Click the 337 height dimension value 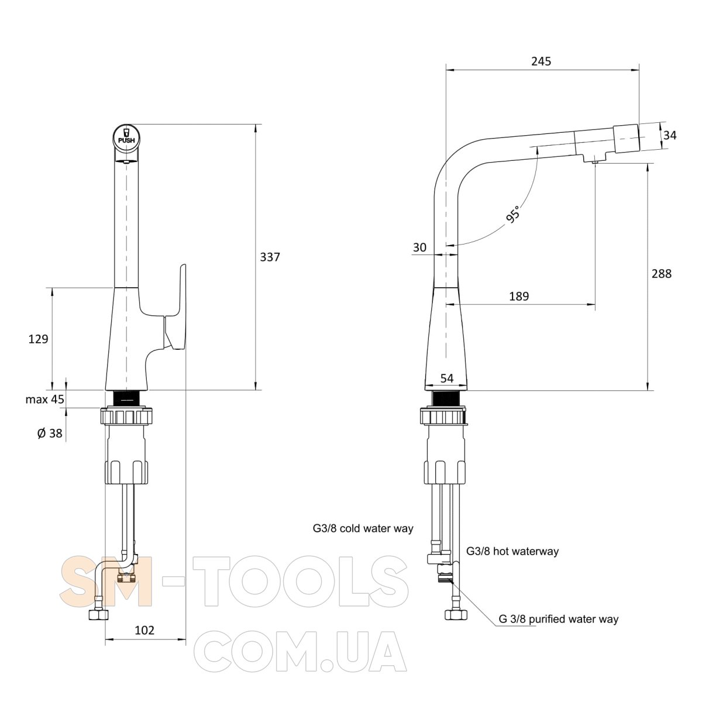click(270, 257)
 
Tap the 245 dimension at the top click(541, 61)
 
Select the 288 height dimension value click(661, 274)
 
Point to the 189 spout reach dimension click(519, 296)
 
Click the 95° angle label click(513, 215)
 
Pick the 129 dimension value click(38, 339)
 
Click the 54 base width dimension click(446, 378)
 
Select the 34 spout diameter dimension click(670, 136)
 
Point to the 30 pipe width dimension click(419, 247)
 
